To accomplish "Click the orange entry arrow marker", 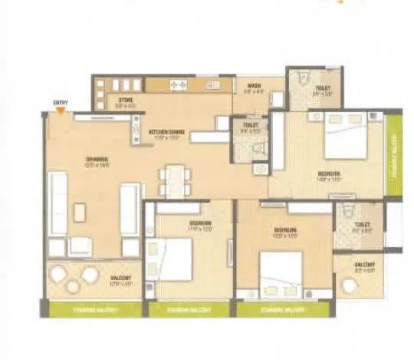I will point(58,108).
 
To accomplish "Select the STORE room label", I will point(126,99).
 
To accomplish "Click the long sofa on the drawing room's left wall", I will point(58,203).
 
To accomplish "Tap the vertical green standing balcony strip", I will point(393,153).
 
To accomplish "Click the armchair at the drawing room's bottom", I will point(80,246).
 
